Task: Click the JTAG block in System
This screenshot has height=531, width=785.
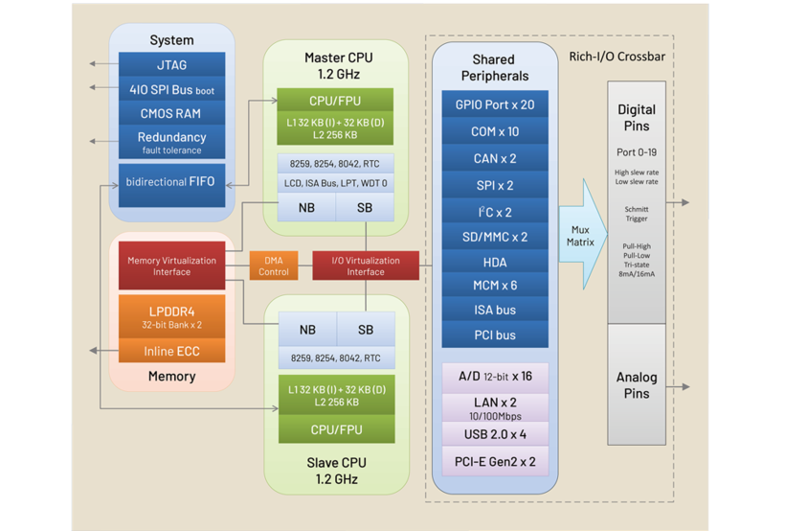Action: tap(171, 65)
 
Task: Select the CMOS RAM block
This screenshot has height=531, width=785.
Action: tap(171, 114)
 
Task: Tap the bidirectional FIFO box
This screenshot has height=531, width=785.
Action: tap(171, 182)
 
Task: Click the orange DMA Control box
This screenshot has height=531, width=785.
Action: tap(274, 265)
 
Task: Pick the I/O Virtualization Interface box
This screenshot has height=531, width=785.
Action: tap(366, 265)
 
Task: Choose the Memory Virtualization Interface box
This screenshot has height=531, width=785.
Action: tap(171, 265)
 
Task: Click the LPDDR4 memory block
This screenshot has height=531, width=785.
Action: tap(171, 317)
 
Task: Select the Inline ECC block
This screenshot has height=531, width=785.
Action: tap(171, 352)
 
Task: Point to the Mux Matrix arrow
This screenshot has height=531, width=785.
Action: tap(581, 236)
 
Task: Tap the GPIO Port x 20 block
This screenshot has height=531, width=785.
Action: tap(495, 105)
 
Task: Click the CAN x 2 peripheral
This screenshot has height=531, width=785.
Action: tap(495, 158)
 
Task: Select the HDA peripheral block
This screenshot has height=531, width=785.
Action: tap(495, 262)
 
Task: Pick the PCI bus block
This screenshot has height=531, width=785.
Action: tap(495, 335)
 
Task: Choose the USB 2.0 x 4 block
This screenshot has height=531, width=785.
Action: tap(495, 434)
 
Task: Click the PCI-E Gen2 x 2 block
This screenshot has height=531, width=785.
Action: tap(495, 462)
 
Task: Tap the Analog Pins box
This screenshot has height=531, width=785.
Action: tap(637, 385)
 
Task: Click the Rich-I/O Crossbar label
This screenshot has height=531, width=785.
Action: tap(617, 57)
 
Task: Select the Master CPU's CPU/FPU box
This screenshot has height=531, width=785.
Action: tap(334, 101)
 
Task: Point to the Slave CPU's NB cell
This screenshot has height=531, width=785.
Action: tap(307, 330)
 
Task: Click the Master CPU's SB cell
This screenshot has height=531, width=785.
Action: tap(366, 207)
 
